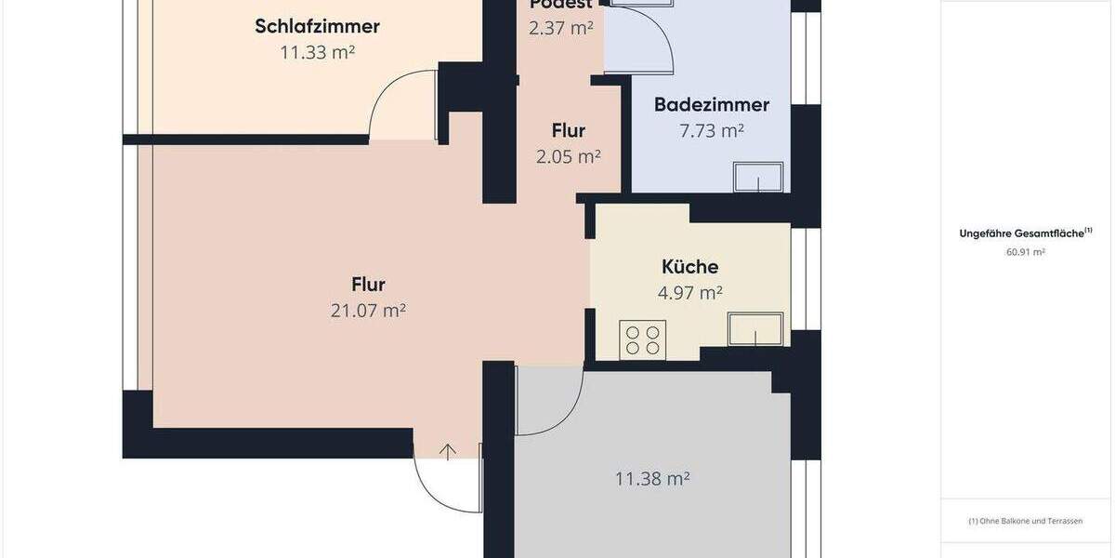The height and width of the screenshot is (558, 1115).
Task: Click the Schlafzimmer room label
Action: click(317, 26)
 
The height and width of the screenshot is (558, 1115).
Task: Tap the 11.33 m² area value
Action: click(317, 53)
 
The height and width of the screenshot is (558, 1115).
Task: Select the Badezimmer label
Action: click(712, 104)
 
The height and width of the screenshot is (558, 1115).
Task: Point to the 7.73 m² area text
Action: click(712, 131)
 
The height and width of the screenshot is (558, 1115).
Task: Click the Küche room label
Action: click(689, 267)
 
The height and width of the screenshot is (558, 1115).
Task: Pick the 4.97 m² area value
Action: click(689, 293)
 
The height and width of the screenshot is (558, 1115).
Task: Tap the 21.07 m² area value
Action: click(368, 311)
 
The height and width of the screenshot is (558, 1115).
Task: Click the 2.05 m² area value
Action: click(568, 157)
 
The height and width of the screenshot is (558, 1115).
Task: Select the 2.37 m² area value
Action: click(560, 28)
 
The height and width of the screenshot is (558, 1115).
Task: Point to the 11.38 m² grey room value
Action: click(651, 479)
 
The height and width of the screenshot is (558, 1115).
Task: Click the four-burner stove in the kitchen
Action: click(642, 339)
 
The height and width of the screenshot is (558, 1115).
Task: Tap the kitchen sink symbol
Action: click(755, 328)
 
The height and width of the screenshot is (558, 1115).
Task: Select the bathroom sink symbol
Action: click(758, 177)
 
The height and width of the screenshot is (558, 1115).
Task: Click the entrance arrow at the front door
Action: click(448, 452)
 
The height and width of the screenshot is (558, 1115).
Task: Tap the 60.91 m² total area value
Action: click(1025, 252)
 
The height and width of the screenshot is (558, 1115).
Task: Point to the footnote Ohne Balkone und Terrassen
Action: click(1025, 522)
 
